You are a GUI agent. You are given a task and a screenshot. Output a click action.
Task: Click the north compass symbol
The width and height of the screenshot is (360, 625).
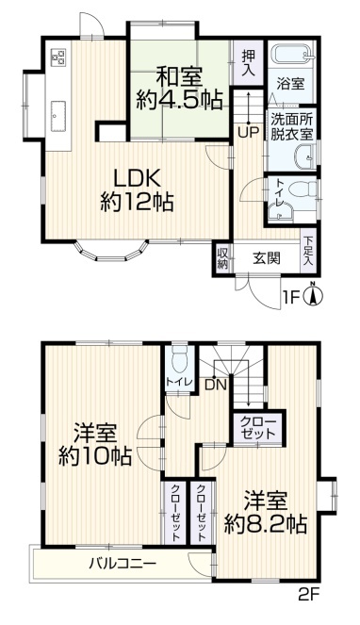click(314, 295)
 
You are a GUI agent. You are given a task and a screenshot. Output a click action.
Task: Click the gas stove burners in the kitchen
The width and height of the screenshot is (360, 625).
click(59, 57)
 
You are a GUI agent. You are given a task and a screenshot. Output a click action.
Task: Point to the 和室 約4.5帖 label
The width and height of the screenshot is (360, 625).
click(179, 90)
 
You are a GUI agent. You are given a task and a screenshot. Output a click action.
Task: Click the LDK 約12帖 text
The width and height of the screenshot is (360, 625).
click(137, 189)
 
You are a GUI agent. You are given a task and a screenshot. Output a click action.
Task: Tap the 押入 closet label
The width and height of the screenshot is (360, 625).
click(249, 63)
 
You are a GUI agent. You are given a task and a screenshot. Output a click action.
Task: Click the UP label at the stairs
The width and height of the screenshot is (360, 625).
click(249, 133)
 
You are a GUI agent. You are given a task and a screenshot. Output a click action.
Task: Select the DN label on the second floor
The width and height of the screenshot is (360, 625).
click(216, 385)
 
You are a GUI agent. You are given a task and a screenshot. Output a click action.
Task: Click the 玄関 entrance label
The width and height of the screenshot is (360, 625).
click(267, 258)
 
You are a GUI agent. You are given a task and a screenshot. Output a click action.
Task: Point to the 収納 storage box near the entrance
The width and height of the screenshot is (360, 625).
click(222, 258)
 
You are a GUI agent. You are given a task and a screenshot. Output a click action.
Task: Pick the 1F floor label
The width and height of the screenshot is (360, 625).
click(291, 297)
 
